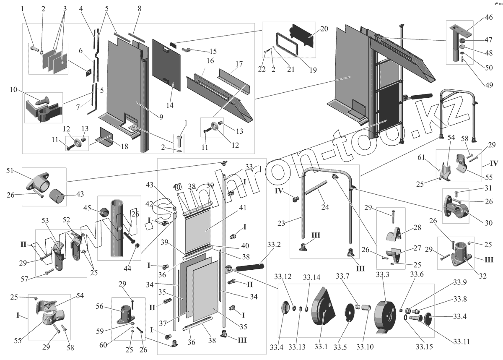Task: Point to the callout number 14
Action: (x=170, y=106)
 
